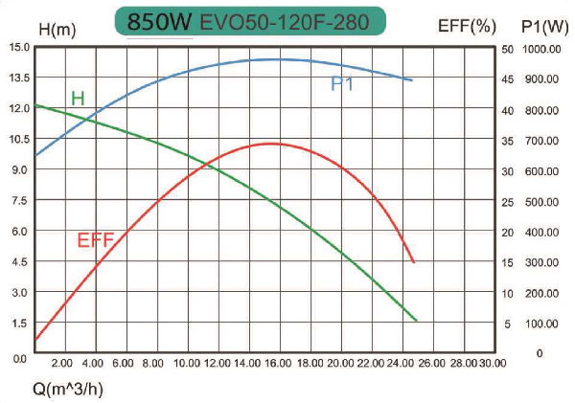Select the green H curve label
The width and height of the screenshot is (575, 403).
pyautogui.click(x=78, y=98)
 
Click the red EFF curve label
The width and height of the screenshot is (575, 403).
pyautogui.click(x=96, y=240)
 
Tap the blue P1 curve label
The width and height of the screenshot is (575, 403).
pyautogui.click(x=343, y=84)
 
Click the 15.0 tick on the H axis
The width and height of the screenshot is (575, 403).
pyautogui.click(x=18, y=47)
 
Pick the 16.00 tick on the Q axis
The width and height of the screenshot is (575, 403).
pyautogui.click(x=277, y=365)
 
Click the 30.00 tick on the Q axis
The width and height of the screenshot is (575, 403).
pyautogui.click(x=492, y=365)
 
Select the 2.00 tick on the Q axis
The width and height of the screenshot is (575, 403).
pyautogui.click(x=62, y=365)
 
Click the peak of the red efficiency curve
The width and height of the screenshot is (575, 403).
pyautogui.click(x=271, y=144)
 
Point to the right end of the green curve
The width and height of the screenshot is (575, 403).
pyautogui.click(x=417, y=321)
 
